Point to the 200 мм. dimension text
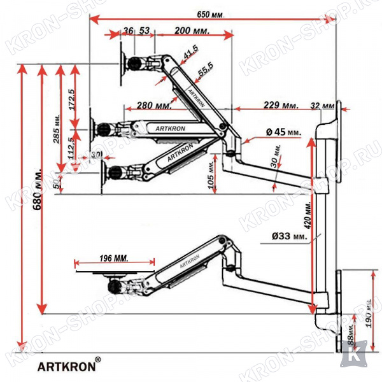coord(192,30)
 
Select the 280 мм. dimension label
coord(153,105)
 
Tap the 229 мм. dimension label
coord(281,104)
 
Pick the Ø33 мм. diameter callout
coord(288,236)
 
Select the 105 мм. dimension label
coord(211,171)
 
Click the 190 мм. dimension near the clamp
coord(367,313)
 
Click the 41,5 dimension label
coord(190,56)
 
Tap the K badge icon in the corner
coord(350,355)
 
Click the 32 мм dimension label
coord(324,105)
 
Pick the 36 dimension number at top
coord(129,30)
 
